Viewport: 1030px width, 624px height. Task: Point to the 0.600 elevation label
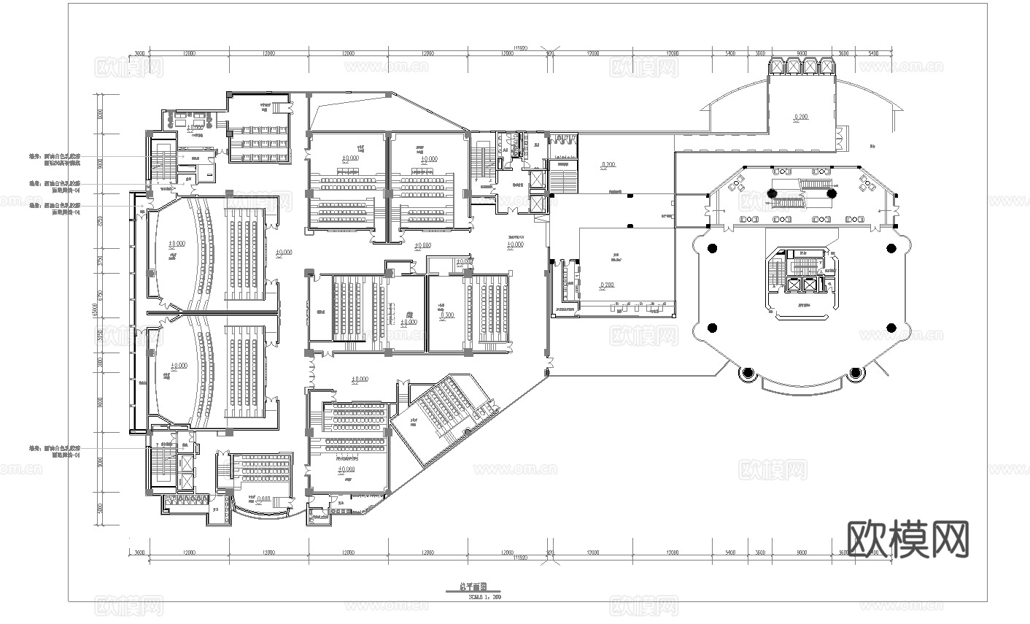[x=266, y=499]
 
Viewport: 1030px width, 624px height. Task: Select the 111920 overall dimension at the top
[x=520, y=48]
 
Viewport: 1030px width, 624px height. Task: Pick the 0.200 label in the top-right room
[x=800, y=117]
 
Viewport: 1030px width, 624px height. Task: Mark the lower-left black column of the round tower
[x=712, y=327]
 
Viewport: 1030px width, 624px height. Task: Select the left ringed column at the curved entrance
[x=746, y=374]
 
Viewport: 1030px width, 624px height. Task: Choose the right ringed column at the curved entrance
[x=856, y=374]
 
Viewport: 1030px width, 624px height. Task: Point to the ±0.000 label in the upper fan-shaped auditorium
[x=176, y=244]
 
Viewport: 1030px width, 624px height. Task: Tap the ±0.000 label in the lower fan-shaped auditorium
[x=176, y=366]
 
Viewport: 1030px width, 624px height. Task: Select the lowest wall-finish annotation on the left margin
[x=55, y=451]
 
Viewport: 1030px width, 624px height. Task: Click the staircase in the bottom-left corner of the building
[x=160, y=467]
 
